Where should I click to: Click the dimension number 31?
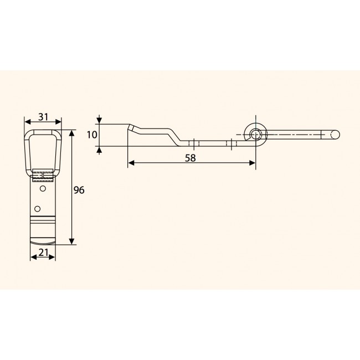(x=43, y=117)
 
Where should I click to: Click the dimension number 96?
(x=79, y=190)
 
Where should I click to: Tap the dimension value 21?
(x=42, y=254)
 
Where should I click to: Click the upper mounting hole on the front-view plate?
(x=43, y=188)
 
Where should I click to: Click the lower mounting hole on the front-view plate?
(x=37, y=208)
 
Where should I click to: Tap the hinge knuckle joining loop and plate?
(x=43, y=176)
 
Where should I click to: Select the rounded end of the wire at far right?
(x=335, y=134)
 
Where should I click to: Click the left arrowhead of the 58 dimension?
(x=131, y=163)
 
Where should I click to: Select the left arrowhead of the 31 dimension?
(x=27, y=122)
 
